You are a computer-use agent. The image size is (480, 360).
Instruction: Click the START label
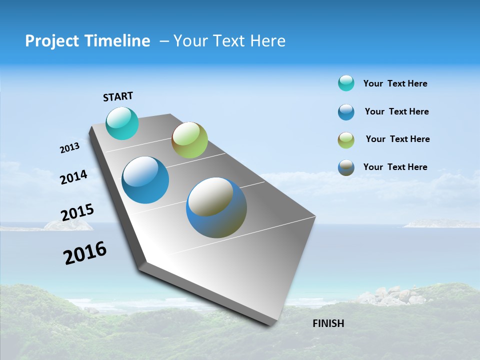pos(118,96)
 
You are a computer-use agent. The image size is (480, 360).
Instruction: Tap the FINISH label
pos(328,323)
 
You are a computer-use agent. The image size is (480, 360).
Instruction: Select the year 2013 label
pos(69,148)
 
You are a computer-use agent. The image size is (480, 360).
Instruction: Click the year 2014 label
pos(73,177)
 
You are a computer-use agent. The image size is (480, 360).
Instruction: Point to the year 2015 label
pos(77,212)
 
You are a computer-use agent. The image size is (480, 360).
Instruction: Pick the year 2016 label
pos(85,253)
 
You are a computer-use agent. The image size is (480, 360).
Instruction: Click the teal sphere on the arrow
pos(122,123)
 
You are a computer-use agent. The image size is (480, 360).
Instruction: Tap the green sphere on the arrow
pos(189,140)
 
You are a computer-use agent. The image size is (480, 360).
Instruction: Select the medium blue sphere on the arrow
pos(145,180)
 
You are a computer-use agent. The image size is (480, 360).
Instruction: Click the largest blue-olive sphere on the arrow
pos(216,207)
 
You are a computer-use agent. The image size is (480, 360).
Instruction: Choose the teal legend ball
pos(346,83)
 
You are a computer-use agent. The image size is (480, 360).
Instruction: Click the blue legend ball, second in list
pos(346,111)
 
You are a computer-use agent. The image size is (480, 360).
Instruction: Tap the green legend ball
pos(346,139)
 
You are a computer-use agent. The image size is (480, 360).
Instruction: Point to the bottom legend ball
pos(346,167)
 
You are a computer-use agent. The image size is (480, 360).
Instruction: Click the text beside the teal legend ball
pos(395,83)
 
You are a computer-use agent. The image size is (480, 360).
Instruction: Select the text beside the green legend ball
pos(397,139)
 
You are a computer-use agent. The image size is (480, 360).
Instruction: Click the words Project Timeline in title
pos(87,41)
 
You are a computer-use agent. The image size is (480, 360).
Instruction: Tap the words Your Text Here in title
pos(229,41)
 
